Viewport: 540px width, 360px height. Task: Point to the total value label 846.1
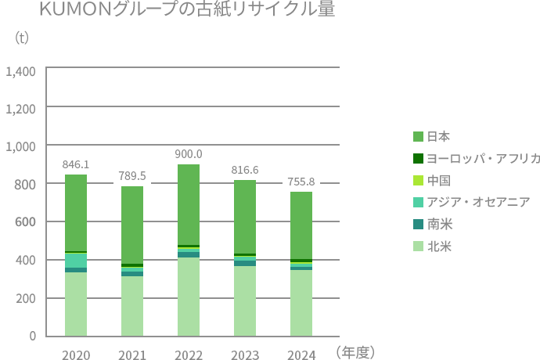76,165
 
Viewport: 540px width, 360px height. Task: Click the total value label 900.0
189,154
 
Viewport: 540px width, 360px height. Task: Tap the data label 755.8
301,182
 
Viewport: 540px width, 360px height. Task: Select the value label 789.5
132,176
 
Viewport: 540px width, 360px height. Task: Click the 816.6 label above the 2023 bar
245,170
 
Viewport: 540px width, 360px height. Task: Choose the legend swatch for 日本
418,136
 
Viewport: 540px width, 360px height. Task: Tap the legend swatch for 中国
418,180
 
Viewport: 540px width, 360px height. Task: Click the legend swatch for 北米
418,246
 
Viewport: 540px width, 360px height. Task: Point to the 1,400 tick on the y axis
20,71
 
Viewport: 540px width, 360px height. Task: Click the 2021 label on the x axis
132,355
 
